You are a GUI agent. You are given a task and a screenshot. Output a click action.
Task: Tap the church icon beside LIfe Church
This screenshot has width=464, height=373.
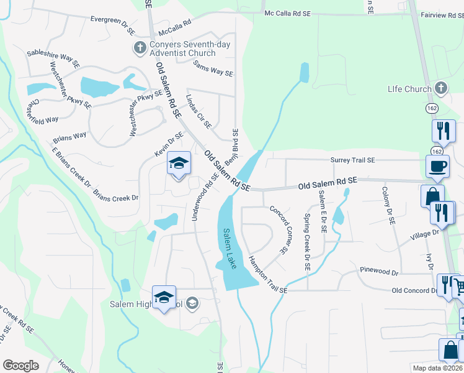pos(441,88)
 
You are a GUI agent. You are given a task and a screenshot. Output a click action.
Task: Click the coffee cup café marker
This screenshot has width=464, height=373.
pos(437,166)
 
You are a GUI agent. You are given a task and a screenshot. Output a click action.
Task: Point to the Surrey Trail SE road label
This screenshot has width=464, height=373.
pos(352,160)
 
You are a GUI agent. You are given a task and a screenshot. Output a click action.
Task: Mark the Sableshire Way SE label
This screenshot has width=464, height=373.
pos(53,58)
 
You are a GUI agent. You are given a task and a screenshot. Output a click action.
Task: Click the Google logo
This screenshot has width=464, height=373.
pos(20,366)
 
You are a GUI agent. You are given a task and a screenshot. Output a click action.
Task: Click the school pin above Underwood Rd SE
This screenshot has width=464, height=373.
pos(179,164)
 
